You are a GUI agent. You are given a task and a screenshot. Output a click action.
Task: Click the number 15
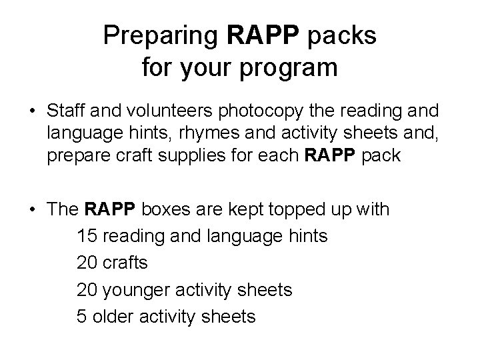click(x=87, y=236)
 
